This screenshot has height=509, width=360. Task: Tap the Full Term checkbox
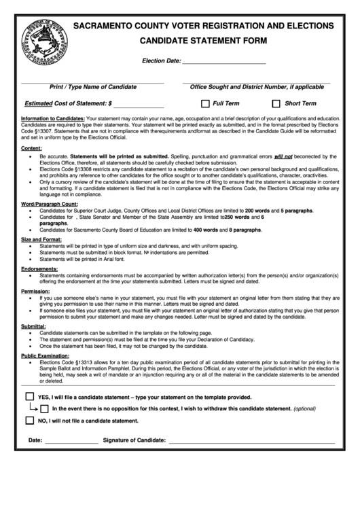[x=206, y=104]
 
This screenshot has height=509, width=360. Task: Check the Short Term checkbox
[x=276, y=104]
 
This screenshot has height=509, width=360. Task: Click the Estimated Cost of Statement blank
[x=139, y=105]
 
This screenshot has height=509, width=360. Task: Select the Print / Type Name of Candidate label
[x=93, y=87]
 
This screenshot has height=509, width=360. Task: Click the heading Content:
[x=31, y=147]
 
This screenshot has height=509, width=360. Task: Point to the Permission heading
[x=35, y=291]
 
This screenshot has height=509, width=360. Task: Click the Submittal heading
[x=33, y=326]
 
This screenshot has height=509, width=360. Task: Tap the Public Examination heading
[x=45, y=355]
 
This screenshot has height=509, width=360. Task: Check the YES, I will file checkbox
[x=30, y=396]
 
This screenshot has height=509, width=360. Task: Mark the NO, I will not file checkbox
[x=30, y=420]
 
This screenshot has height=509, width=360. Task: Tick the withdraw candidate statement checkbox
[x=44, y=408]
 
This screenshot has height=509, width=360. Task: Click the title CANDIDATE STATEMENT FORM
[x=204, y=41]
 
